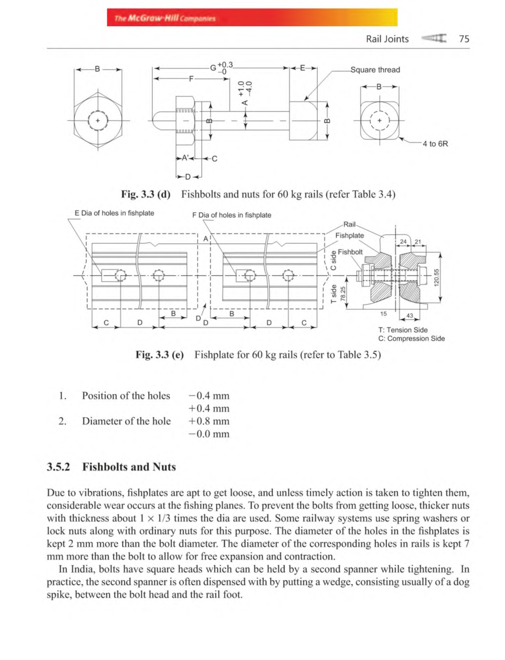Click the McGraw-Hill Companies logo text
point(165,19)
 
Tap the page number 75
point(464,39)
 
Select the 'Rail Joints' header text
point(387,39)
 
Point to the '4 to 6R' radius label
point(435,144)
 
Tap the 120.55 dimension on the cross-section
point(436,278)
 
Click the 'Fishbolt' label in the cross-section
point(350,252)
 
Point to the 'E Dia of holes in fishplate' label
point(114,213)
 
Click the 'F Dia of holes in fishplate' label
point(231,215)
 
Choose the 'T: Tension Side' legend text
point(402,330)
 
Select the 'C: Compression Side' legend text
point(411,339)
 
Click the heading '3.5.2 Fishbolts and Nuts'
point(111,467)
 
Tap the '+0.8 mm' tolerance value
point(209,421)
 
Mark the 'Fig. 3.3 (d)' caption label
point(146,194)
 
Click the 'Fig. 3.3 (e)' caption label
point(159,355)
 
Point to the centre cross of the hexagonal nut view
point(98,120)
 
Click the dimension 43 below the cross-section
point(409,316)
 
